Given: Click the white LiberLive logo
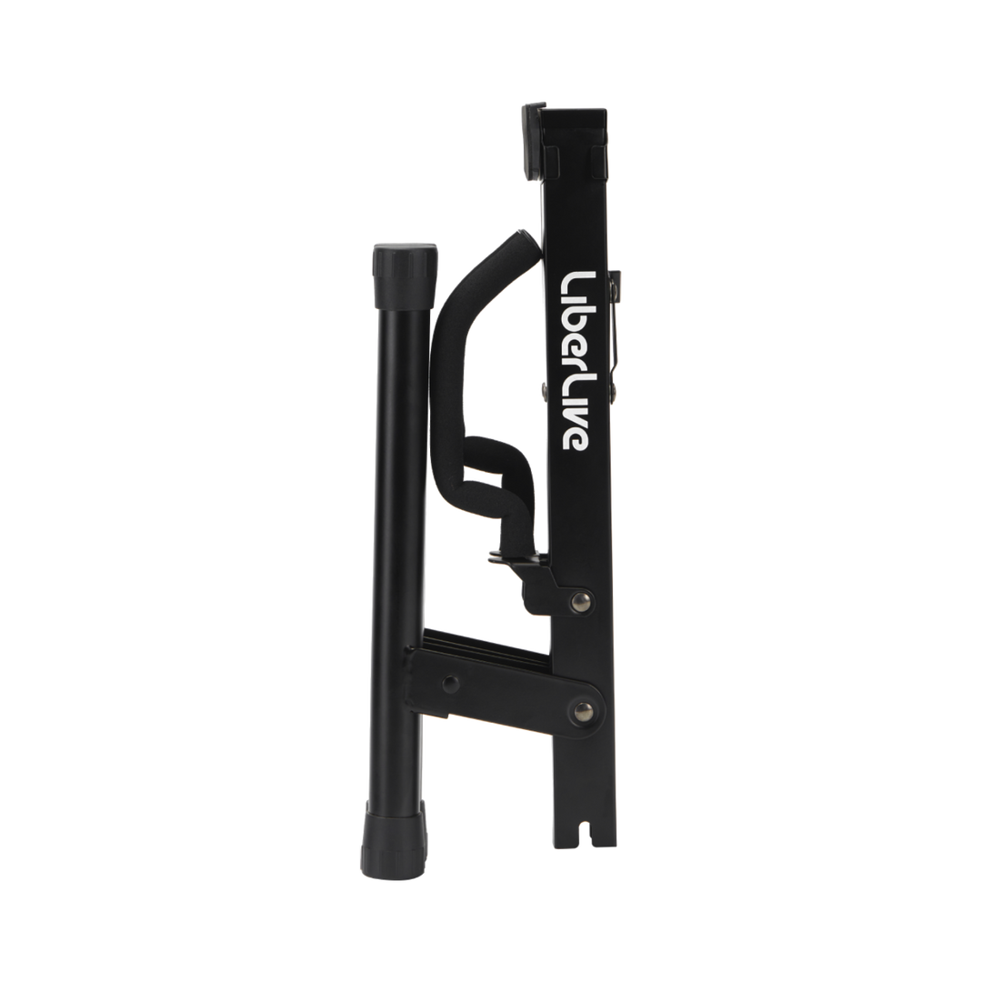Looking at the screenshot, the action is point(575,361).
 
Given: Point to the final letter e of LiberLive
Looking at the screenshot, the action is point(575,440).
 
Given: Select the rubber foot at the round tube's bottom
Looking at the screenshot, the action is point(393,840).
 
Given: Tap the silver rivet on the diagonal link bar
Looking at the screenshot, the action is point(584,711).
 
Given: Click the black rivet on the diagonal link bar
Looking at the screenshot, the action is point(450,684).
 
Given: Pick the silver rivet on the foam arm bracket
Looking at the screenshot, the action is point(580,602).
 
